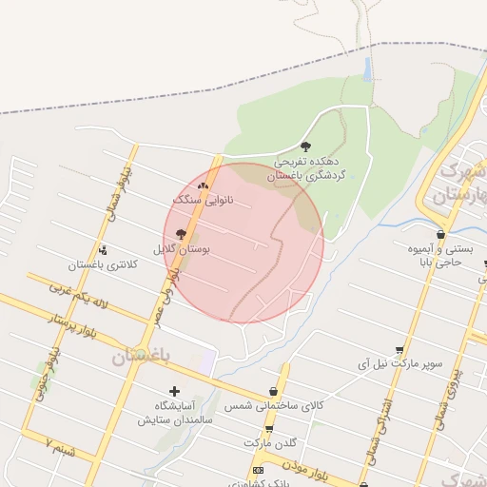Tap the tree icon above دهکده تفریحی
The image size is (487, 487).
(305, 146)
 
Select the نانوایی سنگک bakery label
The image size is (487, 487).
(203, 202)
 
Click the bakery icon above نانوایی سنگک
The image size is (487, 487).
(203, 185)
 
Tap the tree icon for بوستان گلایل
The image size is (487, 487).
(181, 233)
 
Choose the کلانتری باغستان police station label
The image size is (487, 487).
(97, 263)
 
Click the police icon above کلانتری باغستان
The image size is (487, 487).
(103, 249)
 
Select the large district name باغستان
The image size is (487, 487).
(140, 357)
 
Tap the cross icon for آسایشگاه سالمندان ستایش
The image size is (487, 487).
(173, 391)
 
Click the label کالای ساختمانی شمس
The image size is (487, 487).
(274, 406)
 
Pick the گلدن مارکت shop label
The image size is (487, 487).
(270, 443)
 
